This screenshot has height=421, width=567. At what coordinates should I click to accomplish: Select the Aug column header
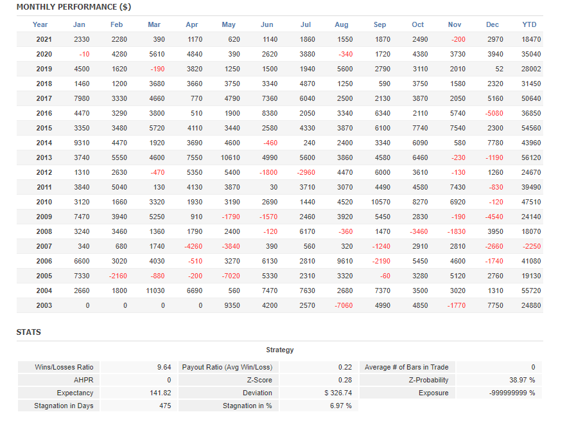pos(342,24)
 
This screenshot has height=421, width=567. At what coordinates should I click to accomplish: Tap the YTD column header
pos(529,24)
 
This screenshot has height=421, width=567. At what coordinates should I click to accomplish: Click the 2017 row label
pos(44,98)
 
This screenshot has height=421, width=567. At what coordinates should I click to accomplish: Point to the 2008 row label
pos(44,231)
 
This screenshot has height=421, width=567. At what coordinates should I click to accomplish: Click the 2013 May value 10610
pos(231,157)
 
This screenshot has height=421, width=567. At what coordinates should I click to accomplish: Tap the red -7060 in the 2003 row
pos(344,305)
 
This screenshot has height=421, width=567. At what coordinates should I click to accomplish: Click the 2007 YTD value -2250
pos(531,246)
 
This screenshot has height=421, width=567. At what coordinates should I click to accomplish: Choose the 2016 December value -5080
pos(493,113)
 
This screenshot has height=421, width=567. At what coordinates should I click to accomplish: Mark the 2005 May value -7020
pos(231,276)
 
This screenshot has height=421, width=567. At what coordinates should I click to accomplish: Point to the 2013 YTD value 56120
pos(531,157)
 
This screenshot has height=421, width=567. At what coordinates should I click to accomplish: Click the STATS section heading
pos(28,332)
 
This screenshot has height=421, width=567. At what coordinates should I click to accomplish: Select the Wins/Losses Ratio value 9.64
pos(164,367)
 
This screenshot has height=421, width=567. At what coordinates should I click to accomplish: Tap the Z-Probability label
pos(423,380)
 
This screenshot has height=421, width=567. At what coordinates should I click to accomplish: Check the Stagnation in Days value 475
pos(165,406)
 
